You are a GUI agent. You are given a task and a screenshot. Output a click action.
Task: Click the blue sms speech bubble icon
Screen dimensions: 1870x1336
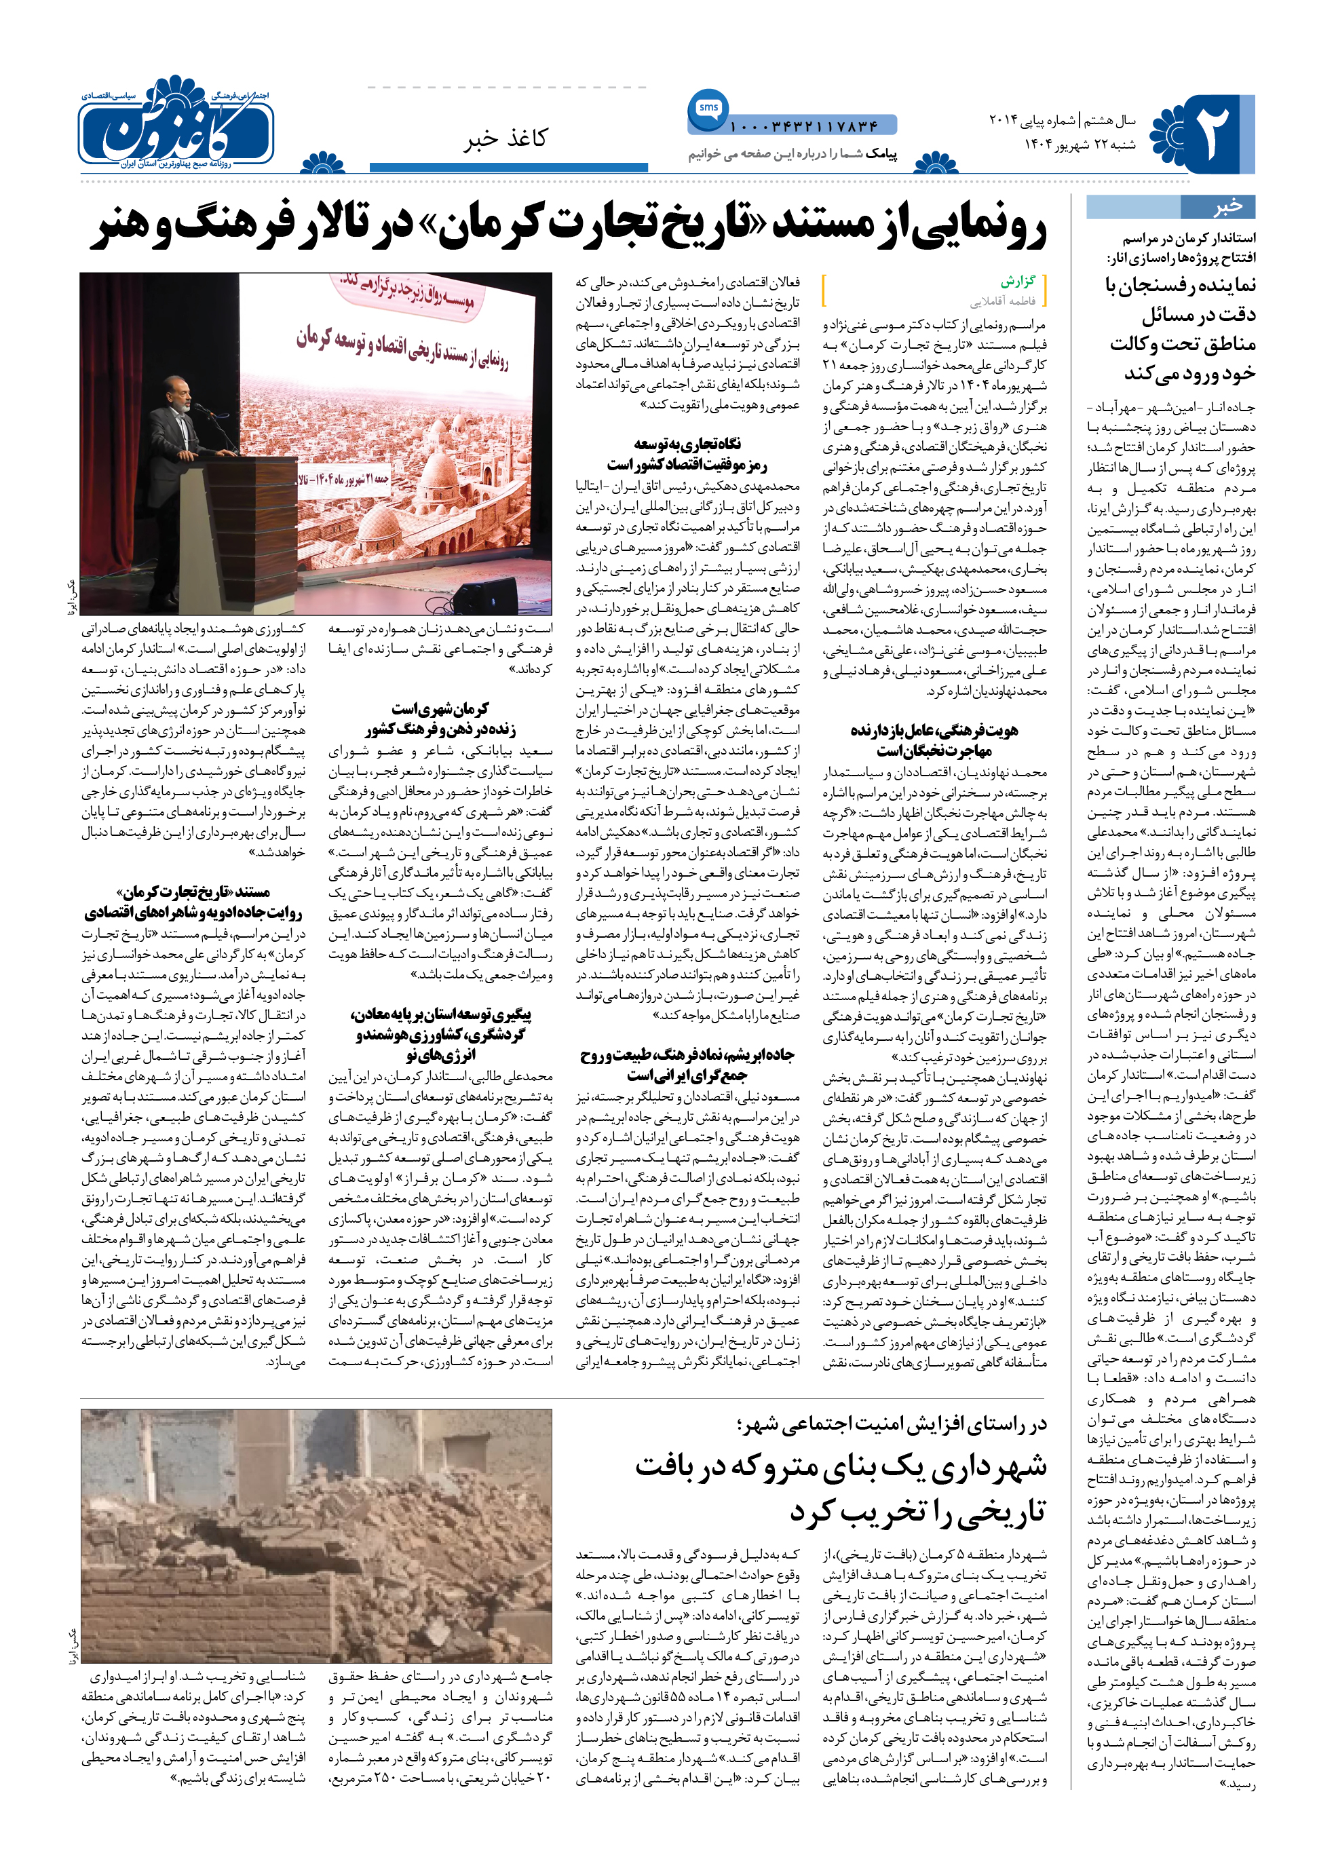[x=708, y=109]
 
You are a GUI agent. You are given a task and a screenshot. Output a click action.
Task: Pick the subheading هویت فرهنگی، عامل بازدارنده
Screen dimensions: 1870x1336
[x=934, y=731]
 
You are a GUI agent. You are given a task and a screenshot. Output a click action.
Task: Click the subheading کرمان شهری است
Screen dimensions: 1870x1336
[x=440, y=709]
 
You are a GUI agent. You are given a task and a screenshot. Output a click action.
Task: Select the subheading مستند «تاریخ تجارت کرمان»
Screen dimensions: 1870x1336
[x=193, y=892]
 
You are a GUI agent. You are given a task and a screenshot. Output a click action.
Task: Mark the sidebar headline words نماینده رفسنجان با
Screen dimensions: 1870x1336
[x=1180, y=286]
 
